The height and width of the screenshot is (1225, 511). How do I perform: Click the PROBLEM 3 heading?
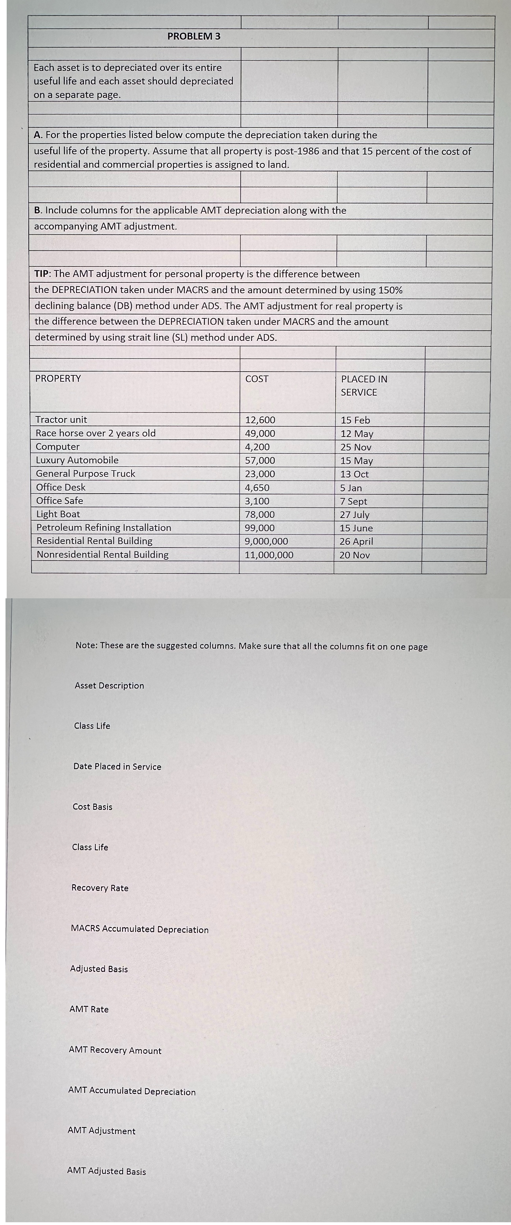194,36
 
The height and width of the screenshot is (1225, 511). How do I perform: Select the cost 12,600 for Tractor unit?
260,420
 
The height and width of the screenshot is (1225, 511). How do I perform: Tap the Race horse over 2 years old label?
96,433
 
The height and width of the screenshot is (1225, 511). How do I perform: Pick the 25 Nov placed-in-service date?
355,447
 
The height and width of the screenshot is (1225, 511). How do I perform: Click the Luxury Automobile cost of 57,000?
260,460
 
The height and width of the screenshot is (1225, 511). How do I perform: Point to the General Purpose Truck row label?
85,474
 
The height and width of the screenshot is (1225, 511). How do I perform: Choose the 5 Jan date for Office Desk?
351,488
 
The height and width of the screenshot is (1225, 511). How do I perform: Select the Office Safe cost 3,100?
257,501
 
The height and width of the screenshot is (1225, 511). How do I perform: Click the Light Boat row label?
58,514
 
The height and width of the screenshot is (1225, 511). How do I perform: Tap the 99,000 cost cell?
259,528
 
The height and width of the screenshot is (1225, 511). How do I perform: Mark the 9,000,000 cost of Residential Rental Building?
266,541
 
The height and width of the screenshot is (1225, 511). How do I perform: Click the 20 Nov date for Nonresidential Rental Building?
355,555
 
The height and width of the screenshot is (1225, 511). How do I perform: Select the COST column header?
256,379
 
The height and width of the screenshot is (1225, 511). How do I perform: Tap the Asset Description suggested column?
109,685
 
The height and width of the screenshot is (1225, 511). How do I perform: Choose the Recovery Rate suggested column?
100,888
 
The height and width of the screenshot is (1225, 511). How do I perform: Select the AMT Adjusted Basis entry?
107,1171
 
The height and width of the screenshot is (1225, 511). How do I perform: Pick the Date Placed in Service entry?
117,766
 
